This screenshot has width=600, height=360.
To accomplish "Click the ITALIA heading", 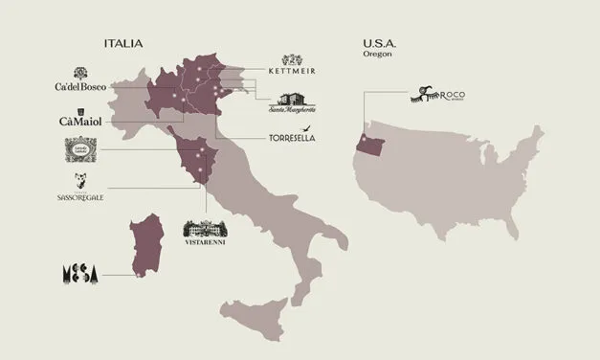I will [x=123, y=44].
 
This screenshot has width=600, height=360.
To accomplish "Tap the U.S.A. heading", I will [x=382, y=44].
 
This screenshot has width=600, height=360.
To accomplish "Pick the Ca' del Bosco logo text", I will [x=82, y=87].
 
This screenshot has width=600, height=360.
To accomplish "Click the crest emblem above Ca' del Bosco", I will [x=81, y=73].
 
